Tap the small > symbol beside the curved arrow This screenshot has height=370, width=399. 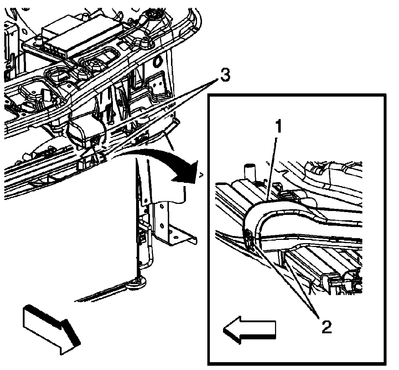coord(201,175)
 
